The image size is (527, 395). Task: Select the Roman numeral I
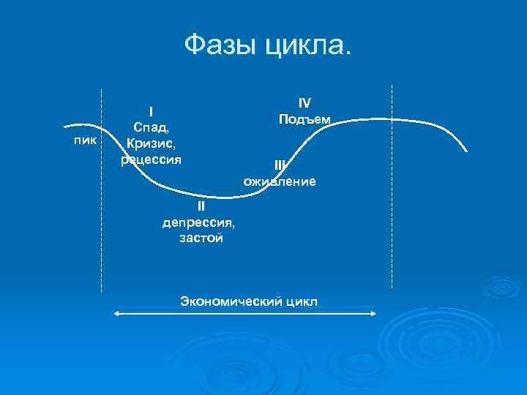point(151,112)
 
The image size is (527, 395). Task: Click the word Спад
point(151,127)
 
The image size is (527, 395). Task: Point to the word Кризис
point(151,143)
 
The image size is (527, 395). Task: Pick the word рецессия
point(151,158)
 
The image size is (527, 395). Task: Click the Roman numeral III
point(280,165)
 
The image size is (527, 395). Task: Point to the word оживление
point(280,181)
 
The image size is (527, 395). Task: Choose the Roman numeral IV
point(304,103)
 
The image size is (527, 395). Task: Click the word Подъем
point(304,119)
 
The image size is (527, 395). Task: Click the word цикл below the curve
point(301,301)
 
